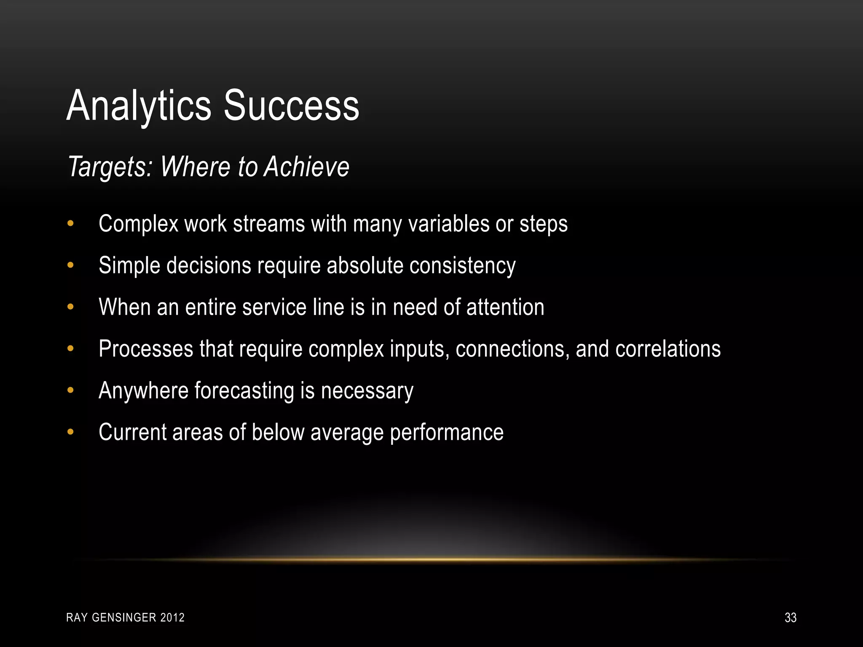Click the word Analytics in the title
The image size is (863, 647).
click(x=139, y=106)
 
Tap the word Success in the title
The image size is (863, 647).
click(x=291, y=106)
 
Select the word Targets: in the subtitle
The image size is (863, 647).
click(x=110, y=167)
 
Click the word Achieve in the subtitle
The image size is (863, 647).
click(x=307, y=167)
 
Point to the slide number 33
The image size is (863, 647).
click(x=791, y=618)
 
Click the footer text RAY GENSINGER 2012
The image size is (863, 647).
click(x=126, y=618)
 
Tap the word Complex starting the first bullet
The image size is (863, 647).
click(x=139, y=224)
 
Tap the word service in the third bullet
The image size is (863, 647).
click(x=274, y=307)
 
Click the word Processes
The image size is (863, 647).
click(x=146, y=349)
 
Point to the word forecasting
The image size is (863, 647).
click(x=244, y=391)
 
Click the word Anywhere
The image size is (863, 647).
click(x=143, y=391)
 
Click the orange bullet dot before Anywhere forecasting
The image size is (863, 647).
click(x=70, y=390)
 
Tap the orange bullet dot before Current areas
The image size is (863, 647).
click(x=70, y=432)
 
